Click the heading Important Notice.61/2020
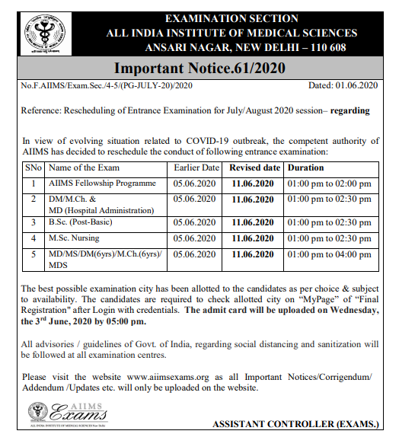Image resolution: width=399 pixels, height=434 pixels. pos(199,69)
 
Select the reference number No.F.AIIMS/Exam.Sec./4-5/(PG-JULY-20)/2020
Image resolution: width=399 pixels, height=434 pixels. pos(107,90)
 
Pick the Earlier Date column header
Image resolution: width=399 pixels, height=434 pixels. pos(196,168)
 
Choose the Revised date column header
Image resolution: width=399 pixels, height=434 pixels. pos(254,168)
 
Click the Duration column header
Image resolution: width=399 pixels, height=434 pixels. pos(305,168)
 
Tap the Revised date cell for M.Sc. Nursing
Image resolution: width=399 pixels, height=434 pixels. pos(254,238)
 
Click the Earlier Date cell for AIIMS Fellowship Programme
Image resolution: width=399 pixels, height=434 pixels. pos(194,183)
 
